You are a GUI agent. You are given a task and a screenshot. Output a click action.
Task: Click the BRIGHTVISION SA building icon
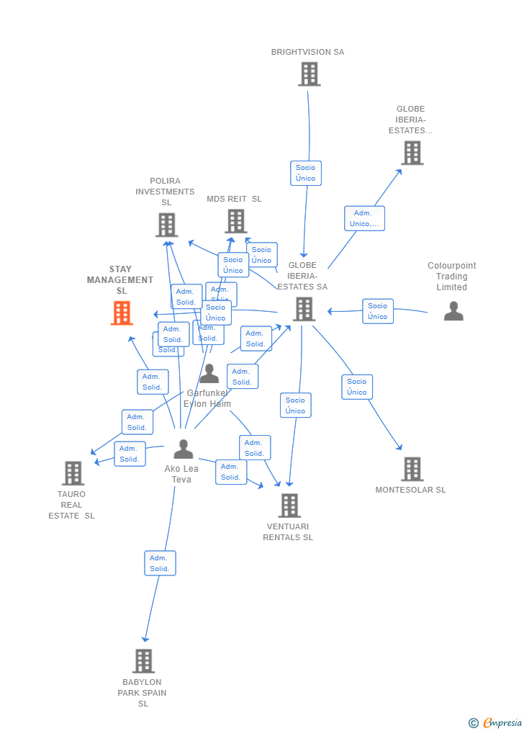pos(309,73)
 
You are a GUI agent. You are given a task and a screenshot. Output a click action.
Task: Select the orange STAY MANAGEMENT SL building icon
pos(122,313)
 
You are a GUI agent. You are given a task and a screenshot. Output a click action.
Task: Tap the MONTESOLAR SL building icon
pos(412,469)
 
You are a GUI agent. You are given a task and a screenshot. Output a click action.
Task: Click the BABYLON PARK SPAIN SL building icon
pos(143,660)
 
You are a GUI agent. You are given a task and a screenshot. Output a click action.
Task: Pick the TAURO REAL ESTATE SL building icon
pos(73,473)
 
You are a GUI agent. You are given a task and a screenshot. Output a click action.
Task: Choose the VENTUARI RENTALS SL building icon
pos(289,506)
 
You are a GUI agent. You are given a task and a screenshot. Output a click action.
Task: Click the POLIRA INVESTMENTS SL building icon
pos(166,225)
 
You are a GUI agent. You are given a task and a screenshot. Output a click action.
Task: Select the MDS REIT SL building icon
pos(235,221)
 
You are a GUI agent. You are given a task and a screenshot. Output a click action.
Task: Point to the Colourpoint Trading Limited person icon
pos(453,311)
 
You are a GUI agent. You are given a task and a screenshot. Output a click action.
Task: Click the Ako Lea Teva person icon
pos(184,449)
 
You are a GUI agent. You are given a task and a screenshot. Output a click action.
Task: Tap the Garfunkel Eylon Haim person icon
pos(209,374)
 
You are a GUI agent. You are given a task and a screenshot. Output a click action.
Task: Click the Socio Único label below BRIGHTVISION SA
pos(306,173)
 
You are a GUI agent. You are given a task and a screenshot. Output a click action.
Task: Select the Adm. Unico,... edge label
pos(364,218)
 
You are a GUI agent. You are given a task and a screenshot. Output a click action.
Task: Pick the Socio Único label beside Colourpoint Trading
pos(378,311)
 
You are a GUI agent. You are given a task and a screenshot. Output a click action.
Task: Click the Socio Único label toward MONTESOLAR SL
pos(357,387)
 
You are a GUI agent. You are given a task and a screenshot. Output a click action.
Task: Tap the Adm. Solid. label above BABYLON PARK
pos(160,563)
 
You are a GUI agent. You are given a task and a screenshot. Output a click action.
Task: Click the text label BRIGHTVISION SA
pos(307,52)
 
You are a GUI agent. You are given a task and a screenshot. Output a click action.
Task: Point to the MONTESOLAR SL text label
pos(410,490)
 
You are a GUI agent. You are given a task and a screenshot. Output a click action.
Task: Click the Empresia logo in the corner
pos(496,722)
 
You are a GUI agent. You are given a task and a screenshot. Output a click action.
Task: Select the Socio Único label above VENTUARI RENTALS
pos(295,405)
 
